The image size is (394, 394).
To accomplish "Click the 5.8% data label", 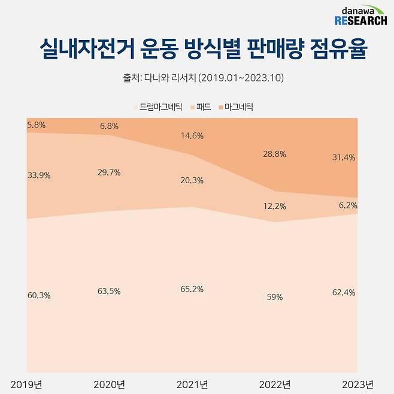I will pyautogui.click(x=37, y=125).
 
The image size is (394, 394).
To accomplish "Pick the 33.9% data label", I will pyautogui.click(x=39, y=175).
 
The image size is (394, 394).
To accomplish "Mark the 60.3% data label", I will pyautogui.click(x=39, y=295).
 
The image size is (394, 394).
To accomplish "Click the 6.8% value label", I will pyautogui.click(x=108, y=126).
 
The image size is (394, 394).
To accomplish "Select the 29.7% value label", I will pyautogui.click(x=108, y=172).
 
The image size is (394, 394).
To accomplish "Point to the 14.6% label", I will pyautogui.click(x=191, y=136).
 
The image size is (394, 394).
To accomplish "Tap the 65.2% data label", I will pyautogui.click(x=191, y=289).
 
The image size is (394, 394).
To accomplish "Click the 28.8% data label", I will pyautogui.click(x=274, y=154).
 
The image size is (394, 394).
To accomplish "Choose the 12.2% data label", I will pyautogui.click(x=274, y=206).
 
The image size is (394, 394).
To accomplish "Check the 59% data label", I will pyautogui.click(x=274, y=297).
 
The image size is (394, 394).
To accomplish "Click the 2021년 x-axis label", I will pyautogui.click(x=191, y=384).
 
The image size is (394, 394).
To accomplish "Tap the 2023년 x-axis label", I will pyautogui.click(x=356, y=384).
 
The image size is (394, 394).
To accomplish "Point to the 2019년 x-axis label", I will pyautogui.click(x=25, y=384).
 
